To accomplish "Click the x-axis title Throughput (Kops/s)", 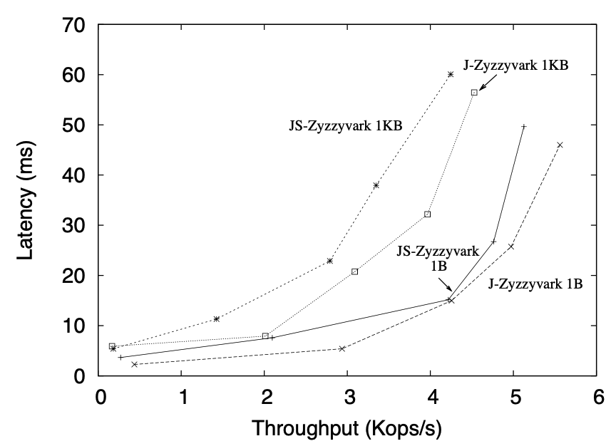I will (349, 429).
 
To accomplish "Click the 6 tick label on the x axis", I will (597, 396).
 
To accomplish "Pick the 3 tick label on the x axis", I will (349, 396).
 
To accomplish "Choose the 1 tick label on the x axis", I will (183, 396).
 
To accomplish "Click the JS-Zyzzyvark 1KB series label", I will (346, 126).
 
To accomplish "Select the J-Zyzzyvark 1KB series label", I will (515, 66).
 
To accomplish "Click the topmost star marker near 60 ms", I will (451, 74).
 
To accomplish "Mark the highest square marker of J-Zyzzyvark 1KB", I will (473, 93).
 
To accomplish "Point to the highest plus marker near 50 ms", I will (524, 127).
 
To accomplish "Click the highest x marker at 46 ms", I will (560, 145).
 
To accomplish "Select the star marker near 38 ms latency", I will (376, 185).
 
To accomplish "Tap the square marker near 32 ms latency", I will (428, 214).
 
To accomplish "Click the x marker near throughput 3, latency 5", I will (342, 348).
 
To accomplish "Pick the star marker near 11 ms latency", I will (216, 318).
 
